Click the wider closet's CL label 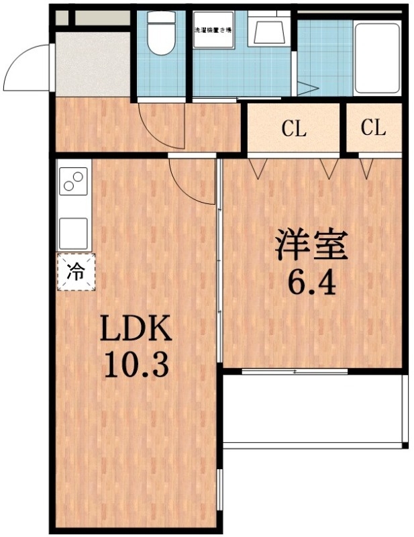pyautogui.click(x=294, y=129)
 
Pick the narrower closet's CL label pyautogui.click(x=373, y=128)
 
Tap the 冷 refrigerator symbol pyautogui.click(x=76, y=272)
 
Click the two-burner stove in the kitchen pyautogui.click(x=74, y=181)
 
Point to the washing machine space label pyautogui.click(x=213, y=30)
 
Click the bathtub pyautogui.click(x=376, y=57)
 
